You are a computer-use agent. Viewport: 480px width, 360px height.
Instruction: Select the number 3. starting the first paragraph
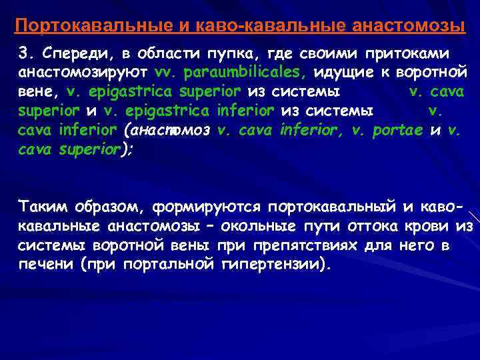point(25,53)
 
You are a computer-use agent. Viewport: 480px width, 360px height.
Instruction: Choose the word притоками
point(407,53)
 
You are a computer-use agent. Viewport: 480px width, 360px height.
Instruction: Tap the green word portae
point(394,130)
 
